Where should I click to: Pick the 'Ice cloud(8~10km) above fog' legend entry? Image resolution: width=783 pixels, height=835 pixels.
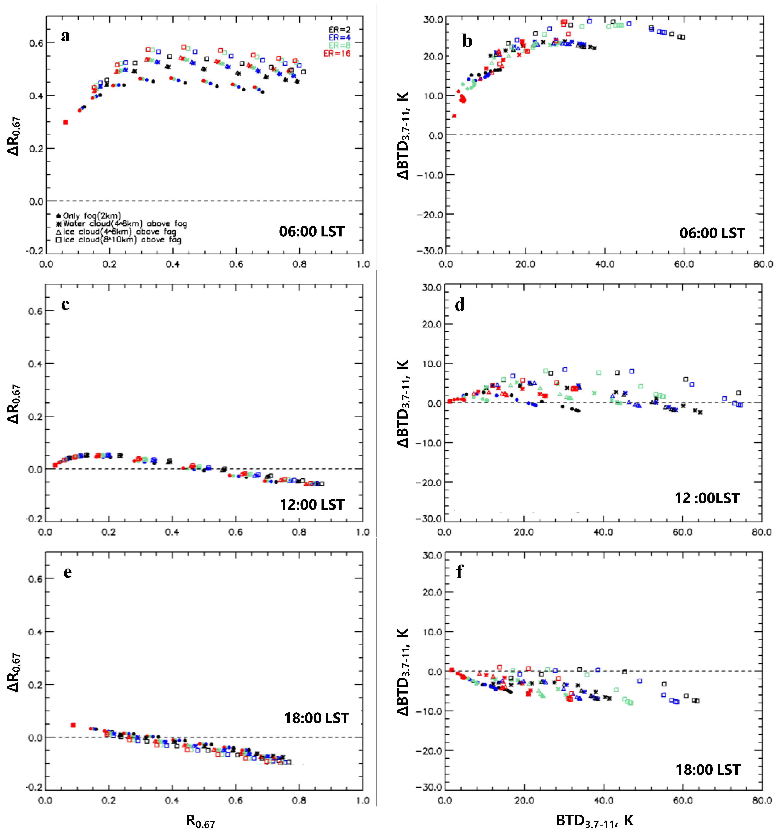pos(119,240)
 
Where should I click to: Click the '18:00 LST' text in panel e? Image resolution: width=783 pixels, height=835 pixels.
pos(316,718)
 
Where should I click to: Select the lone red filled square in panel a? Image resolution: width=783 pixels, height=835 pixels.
pos(65,122)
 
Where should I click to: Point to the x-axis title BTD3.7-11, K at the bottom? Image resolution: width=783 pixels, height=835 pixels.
pos(594,820)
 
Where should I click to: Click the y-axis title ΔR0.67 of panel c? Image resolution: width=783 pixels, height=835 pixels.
pos(14,404)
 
